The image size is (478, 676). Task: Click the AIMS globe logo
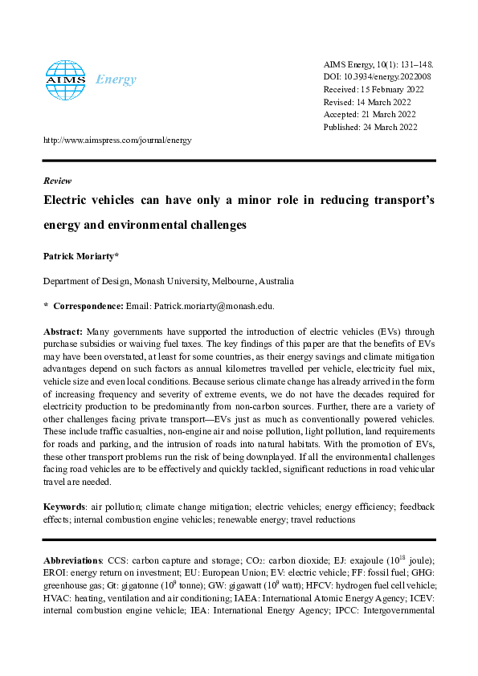click(x=65, y=78)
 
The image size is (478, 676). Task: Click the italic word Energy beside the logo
click(x=116, y=79)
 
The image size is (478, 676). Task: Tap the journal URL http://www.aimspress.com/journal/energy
click(x=117, y=140)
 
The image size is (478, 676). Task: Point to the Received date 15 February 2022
click(x=374, y=89)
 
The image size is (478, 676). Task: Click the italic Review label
click(x=57, y=181)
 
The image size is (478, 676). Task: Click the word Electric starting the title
click(x=67, y=201)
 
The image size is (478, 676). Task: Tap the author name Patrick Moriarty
click(x=80, y=256)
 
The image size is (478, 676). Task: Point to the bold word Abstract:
click(x=63, y=331)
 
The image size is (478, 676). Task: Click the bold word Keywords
click(x=63, y=507)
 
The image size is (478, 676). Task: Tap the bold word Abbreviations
click(x=72, y=559)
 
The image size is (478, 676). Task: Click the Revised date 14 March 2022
click(x=369, y=102)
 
